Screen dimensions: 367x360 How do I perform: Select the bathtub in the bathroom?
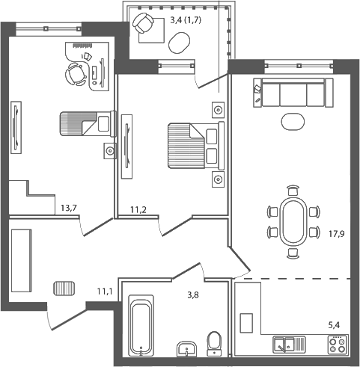pyautogui.click(x=141, y=326)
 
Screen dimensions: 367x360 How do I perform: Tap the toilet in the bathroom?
pyautogui.click(x=216, y=343)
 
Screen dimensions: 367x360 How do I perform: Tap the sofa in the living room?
pyautogui.click(x=292, y=94)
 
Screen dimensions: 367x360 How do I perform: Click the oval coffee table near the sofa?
pyautogui.click(x=293, y=121)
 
